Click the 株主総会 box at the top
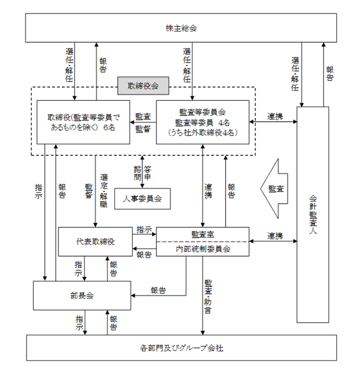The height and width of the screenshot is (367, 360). [181, 28]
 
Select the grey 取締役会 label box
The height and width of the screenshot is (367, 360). [143, 86]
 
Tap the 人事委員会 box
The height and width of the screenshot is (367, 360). [142, 199]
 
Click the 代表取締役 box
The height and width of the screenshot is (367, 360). [95, 241]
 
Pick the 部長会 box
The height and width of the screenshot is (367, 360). [82, 296]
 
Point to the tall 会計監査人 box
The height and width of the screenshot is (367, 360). [313, 214]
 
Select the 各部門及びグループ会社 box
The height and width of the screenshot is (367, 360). [181, 348]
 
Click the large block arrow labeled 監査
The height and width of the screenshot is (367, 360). [274, 189]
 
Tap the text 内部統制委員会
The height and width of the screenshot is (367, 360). [203, 249]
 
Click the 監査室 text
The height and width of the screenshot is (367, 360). [202, 234]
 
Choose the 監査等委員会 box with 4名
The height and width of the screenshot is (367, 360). [202, 122]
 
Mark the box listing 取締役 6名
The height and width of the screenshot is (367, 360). [83, 122]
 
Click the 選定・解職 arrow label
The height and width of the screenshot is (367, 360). [103, 191]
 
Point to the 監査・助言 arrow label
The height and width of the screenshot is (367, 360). [208, 296]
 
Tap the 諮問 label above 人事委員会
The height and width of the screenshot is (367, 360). [137, 173]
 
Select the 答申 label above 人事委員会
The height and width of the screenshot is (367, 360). [147, 173]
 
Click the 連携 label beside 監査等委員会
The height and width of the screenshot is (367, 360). [275, 116]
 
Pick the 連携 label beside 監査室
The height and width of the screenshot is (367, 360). [275, 236]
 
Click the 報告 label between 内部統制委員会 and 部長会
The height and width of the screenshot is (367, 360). [159, 290]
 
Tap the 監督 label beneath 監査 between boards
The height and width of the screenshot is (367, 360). [143, 129]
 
